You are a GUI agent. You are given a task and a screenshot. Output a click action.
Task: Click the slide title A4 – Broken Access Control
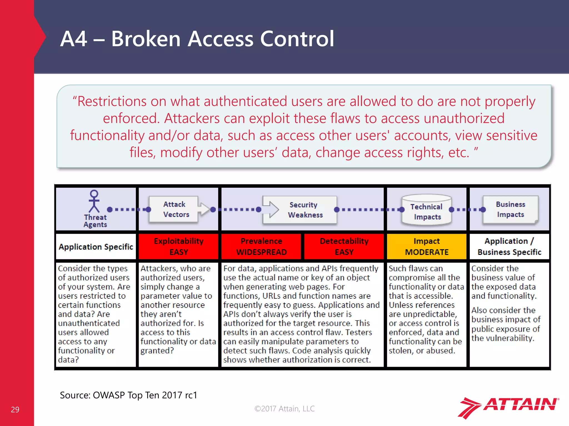(197, 39)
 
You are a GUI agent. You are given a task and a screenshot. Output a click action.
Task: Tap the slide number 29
(15, 409)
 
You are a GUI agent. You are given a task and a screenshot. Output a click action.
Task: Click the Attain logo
(508, 407)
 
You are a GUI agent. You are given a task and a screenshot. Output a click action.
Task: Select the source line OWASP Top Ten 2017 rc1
(128, 395)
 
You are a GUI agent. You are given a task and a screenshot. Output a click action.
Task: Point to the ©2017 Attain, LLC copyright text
(284, 409)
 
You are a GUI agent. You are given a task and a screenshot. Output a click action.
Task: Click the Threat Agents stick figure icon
(94, 202)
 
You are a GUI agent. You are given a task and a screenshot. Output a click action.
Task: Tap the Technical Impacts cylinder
(426, 210)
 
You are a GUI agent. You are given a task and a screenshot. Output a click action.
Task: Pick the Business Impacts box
(510, 209)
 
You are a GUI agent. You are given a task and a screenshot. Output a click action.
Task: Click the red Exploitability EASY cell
(179, 246)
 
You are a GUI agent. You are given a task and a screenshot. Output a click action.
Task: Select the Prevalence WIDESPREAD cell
(261, 246)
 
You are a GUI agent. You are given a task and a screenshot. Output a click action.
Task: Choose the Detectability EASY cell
(344, 246)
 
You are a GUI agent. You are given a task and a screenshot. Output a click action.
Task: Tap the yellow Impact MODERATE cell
(426, 246)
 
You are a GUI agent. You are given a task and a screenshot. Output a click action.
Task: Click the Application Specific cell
(96, 247)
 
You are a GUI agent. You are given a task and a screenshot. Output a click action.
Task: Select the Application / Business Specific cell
(509, 246)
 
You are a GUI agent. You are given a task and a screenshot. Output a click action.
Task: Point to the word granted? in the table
(157, 351)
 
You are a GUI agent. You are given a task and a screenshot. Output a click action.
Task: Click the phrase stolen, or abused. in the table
(422, 351)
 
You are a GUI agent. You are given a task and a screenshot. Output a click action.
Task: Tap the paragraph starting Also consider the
(506, 324)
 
